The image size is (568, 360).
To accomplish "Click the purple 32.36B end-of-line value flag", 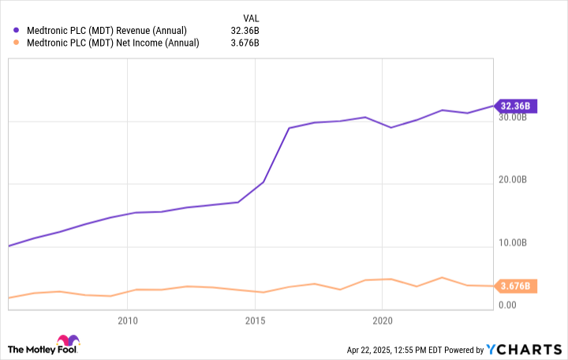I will pos(515,106).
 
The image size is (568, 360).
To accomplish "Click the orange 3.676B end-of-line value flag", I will pos(515,286).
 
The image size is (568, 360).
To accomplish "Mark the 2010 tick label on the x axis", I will pos(127,321).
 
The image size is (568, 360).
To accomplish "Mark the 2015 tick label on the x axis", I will pos(255,321).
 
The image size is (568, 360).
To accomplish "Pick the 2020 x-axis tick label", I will pos(382,321).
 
